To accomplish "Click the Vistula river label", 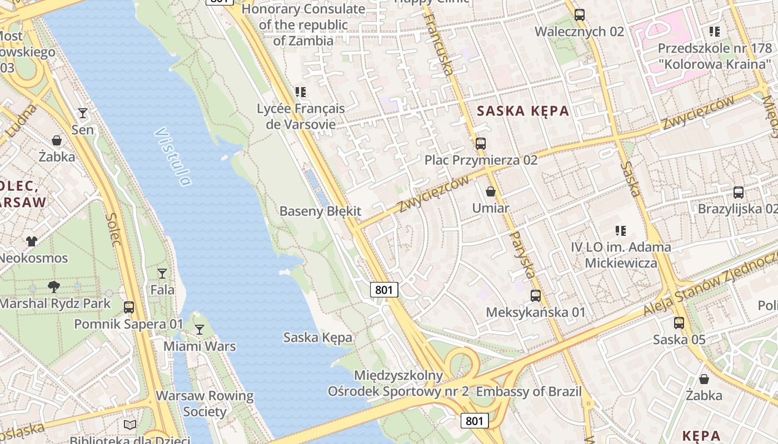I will click(x=173, y=157).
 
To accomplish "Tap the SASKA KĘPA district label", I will click(x=523, y=110).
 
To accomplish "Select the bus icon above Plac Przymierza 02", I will click(x=481, y=144).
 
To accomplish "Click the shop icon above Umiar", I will click(x=491, y=192).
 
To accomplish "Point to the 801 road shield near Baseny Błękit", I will click(x=384, y=289).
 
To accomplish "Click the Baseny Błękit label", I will click(x=320, y=211).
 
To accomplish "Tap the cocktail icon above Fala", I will click(x=162, y=273).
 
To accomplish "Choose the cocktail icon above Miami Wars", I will click(x=199, y=330).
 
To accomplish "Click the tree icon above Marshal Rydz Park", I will click(x=54, y=287).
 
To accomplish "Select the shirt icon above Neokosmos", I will click(x=32, y=241).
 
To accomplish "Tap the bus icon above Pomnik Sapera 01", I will click(x=129, y=307).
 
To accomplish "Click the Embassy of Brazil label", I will click(x=528, y=392).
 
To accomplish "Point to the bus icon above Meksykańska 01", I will click(x=536, y=296).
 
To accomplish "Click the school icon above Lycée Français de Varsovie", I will click(x=301, y=92).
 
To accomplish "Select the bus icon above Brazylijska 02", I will click(x=739, y=193).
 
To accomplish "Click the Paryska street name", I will click(x=522, y=255).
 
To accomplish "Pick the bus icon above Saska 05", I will click(x=679, y=323).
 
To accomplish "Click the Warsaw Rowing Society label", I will click(x=205, y=404).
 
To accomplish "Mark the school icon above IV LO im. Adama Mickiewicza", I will click(x=621, y=230).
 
